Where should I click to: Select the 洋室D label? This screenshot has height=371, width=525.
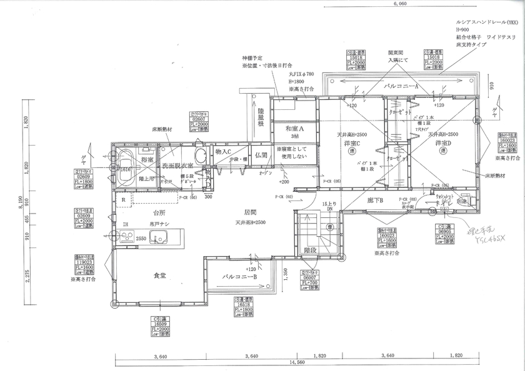444,143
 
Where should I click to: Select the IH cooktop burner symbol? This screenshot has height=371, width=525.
127,237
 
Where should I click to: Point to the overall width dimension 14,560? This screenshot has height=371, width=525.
297,362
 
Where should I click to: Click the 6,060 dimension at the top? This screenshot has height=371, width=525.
400,3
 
